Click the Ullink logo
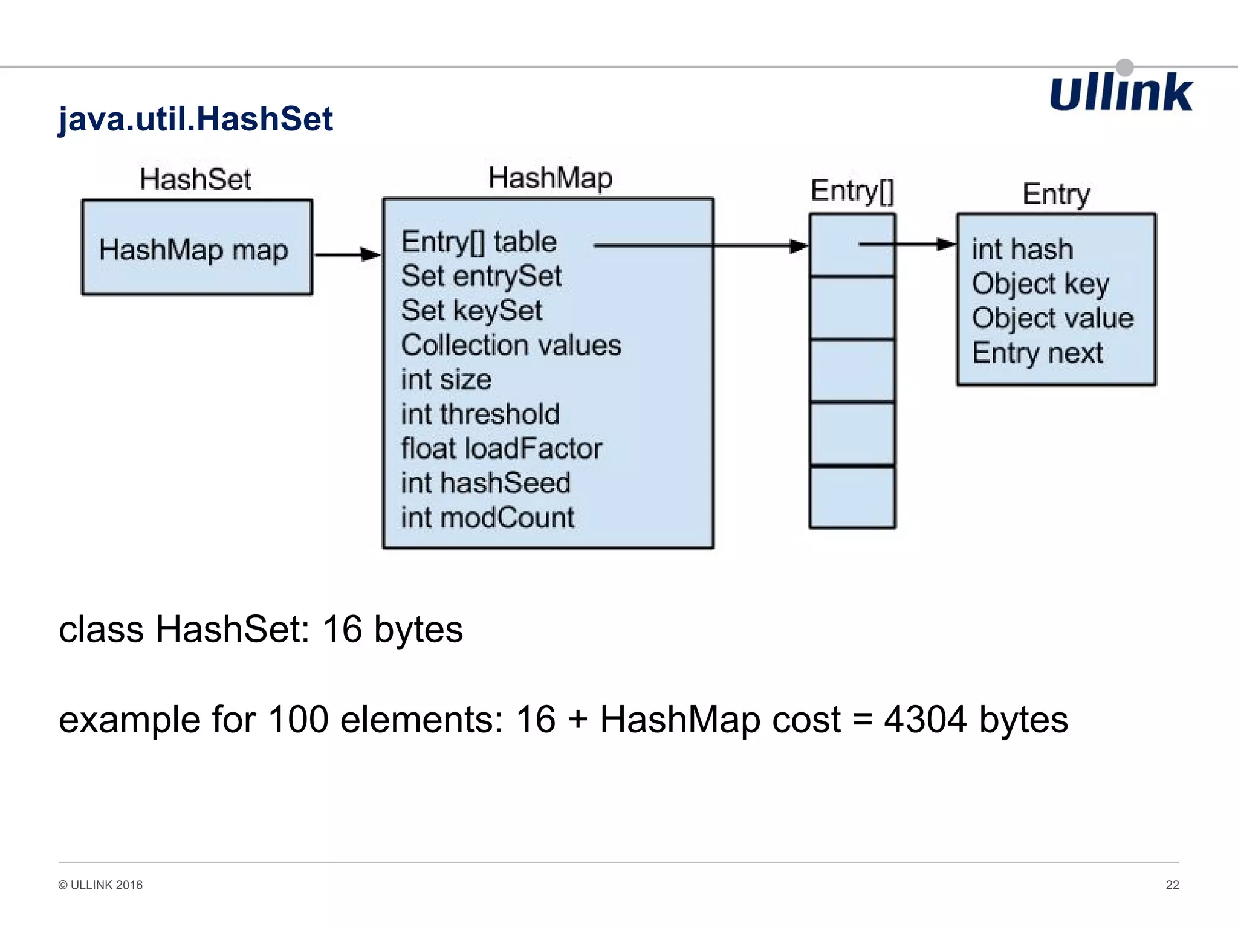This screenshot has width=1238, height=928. (x=1120, y=92)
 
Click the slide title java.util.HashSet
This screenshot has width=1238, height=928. (x=195, y=118)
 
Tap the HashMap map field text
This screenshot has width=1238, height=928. (x=193, y=250)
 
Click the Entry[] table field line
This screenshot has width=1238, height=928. (x=479, y=242)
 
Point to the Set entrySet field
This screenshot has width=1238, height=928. (x=481, y=276)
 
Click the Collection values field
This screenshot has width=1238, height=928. (x=511, y=345)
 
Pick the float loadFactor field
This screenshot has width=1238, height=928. (x=501, y=448)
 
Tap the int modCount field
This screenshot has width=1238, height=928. (x=488, y=518)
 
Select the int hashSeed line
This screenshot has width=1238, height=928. (x=485, y=483)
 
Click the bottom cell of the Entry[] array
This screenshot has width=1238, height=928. (x=852, y=497)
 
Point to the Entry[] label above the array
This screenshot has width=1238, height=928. (x=852, y=191)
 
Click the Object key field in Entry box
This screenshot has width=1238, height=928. (x=1040, y=283)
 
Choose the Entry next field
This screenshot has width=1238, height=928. (x=1037, y=352)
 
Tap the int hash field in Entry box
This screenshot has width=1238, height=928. (x=1022, y=249)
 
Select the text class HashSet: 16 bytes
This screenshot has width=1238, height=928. (x=261, y=629)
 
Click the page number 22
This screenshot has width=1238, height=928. (x=1172, y=884)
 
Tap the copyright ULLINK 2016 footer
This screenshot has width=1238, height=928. (x=100, y=884)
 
